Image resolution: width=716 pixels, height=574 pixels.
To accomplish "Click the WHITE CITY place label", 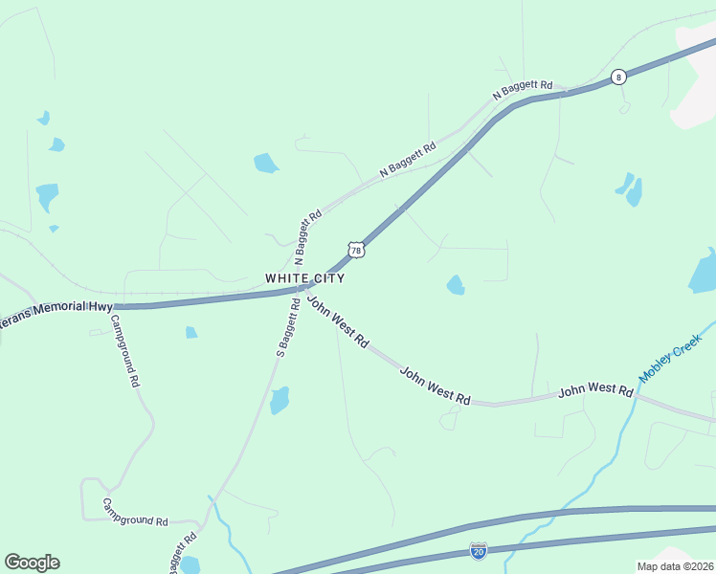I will [x=304, y=277].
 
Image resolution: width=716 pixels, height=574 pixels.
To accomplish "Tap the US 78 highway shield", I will [x=356, y=250].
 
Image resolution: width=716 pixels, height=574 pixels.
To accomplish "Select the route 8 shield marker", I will [x=619, y=77].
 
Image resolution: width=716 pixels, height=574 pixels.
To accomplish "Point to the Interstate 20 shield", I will [x=478, y=550].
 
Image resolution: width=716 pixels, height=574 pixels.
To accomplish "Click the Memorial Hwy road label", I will [x=56, y=315].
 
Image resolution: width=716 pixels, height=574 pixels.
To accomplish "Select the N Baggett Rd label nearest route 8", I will [x=523, y=91].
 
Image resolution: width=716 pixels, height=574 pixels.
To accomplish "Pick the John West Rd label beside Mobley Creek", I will [x=595, y=390].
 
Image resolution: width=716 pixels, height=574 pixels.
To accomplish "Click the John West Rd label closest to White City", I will [x=337, y=320].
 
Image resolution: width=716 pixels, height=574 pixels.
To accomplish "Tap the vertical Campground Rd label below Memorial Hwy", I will [x=125, y=350].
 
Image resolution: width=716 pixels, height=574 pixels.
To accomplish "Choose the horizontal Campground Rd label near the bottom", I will [x=135, y=514].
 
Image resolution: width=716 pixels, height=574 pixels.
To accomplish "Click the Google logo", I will [x=32, y=563].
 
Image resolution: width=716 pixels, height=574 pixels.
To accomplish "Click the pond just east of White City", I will [x=456, y=285].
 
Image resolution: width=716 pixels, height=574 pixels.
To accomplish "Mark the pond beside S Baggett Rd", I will [x=279, y=400].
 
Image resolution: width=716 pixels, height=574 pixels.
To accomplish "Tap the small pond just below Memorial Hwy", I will [x=191, y=333].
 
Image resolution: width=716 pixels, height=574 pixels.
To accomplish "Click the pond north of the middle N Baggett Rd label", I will [x=265, y=164].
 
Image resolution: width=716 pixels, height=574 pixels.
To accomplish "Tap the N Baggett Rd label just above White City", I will [x=308, y=237].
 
